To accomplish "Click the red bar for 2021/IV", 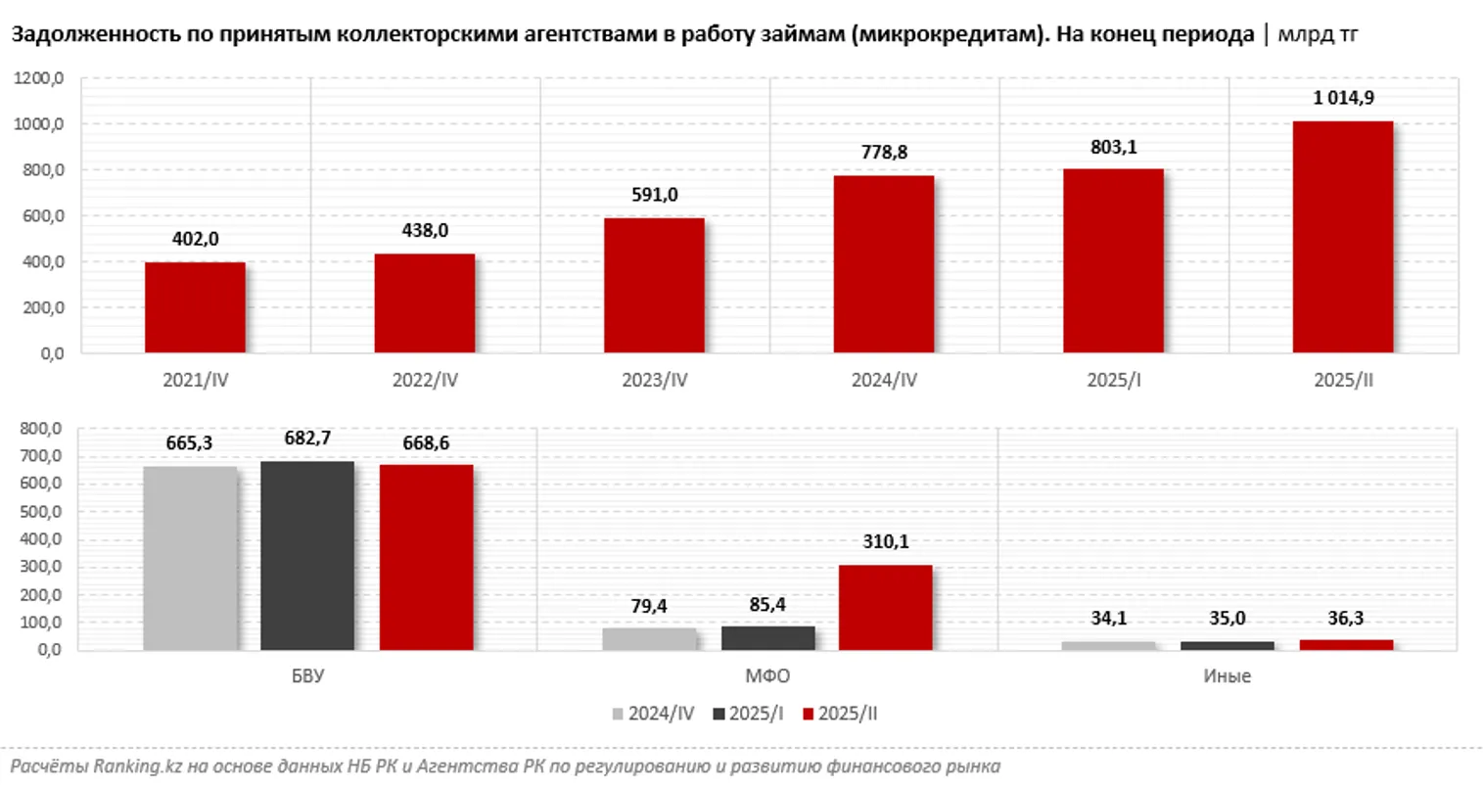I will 195,307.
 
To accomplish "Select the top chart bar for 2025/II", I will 1342,237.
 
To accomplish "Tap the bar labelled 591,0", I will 654,285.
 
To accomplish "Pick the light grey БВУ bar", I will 190,558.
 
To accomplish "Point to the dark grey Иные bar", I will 1228,645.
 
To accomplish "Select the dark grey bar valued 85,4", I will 767,637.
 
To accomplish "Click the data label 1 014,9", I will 1343,97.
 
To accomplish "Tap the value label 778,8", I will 884,152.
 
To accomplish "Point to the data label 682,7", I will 307,438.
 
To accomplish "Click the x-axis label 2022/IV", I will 425,380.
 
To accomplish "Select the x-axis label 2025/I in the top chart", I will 1113,380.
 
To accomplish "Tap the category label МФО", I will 766,676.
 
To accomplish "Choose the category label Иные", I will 1228,676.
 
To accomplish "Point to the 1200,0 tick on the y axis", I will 39,79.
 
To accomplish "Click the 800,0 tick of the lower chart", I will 43,429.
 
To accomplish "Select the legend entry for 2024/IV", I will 652,715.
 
